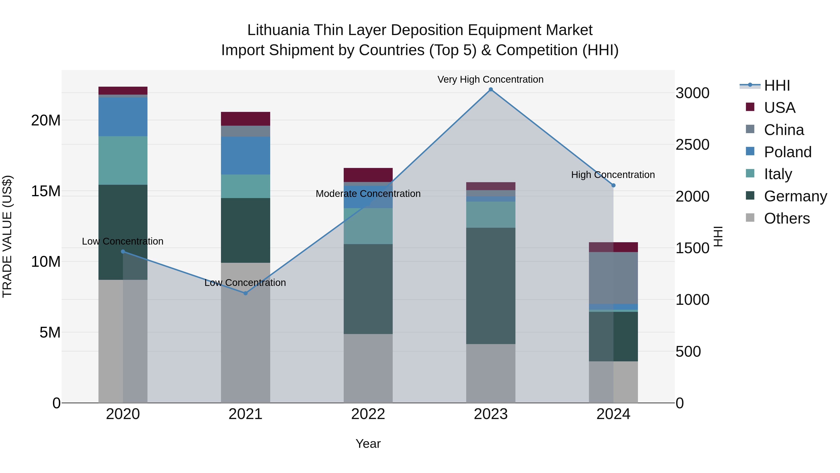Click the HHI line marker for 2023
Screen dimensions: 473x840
pos(490,89)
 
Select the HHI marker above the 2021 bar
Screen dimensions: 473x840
pos(245,293)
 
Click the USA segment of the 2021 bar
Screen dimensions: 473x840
pos(245,119)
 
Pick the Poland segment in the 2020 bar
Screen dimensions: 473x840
pos(123,117)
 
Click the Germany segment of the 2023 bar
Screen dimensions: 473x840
pos(490,286)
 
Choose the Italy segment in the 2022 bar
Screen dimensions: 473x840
pos(368,226)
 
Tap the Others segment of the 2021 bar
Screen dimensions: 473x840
pos(245,333)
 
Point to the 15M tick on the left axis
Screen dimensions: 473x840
pos(46,191)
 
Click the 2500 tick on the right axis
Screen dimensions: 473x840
pos(692,145)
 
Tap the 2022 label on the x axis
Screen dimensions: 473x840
pos(368,414)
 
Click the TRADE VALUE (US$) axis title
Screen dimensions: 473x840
pos(7,236)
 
